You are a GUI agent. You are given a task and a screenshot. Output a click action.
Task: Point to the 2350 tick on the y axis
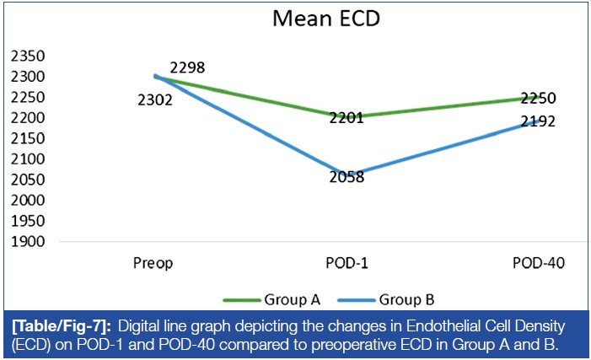(x=26, y=56)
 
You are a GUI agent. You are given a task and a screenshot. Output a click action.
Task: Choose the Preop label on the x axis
(x=153, y=264)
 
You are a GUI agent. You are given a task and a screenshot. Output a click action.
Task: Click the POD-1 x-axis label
(x=346, y=264)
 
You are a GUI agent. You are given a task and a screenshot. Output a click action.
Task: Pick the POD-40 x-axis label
(x=538, y=264)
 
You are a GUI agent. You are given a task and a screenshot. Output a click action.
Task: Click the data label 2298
(x=186, y=67)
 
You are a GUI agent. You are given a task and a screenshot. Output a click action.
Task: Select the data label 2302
(x=154, y=100)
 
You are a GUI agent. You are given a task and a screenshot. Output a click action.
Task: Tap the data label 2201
(x=346, y=118)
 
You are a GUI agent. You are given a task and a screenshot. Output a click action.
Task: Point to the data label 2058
(x=346, y=177)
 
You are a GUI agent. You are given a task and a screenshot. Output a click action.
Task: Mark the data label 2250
(x=537, y=99)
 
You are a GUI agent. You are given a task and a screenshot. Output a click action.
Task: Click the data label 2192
(x=538, y=121)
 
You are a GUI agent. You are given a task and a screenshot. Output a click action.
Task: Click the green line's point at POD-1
(x=346, y=116)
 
